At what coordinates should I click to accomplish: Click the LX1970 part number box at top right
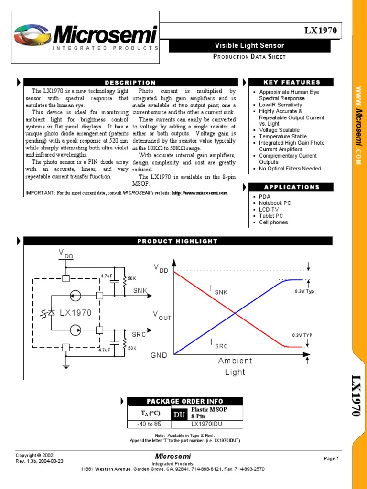coord(321,31)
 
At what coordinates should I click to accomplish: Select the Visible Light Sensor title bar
coord(249,46)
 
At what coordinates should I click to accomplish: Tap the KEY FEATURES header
coord(291,82)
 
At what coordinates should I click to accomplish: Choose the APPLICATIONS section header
coord(291,187)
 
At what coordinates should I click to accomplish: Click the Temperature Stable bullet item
coord(283,137)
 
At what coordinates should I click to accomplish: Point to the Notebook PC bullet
coord(275,203)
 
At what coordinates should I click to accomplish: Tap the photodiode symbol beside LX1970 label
coord(48,313)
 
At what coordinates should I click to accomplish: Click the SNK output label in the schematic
coord(140,290)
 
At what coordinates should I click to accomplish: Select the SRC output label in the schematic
coord(139,335)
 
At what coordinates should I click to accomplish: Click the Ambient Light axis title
coord(235,366)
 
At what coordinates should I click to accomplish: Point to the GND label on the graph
coord(159,355)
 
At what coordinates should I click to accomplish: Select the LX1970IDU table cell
coord(206,424)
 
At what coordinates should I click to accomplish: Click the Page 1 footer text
coord(331,459)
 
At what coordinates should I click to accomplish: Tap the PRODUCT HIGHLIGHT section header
coord(177,241)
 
